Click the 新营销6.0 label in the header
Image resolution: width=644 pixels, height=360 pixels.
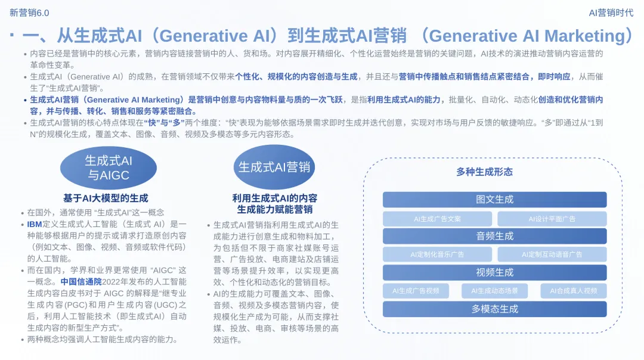pyautogui.click(x=30, y=13)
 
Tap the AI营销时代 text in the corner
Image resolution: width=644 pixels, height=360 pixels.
pyautogui.click(x=611, y=13)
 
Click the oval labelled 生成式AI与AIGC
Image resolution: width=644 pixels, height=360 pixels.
pyautogui.click(x=109, y=167)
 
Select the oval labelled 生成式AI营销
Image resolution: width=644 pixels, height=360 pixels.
pyautogui.click(x=274, y=167)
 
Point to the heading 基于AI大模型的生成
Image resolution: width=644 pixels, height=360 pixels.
pyautogui.click(x=106, y=198)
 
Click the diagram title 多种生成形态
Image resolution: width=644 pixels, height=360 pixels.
pyautogui.click(x=484, y=172)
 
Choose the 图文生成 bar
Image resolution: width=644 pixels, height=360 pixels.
pyautogui.click(x=494, y=200)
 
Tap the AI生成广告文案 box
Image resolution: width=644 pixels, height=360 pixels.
pyautogui.click(x=437, y=219)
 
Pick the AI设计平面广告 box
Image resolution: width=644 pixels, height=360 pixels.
pyautogui.click(x=552, y=219)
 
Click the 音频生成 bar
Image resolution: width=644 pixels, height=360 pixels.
pyautogui.click(x=494, y=236)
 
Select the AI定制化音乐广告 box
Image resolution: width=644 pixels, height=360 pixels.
pyautogui.click(x=437, y=255)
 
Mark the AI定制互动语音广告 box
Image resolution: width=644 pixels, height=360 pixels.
pyautogui.click(x=552, y=255)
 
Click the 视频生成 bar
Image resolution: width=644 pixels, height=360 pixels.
pyautogui.click(x=494, y=272)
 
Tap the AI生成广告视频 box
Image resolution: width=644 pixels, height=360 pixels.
pyautogui.click(x=416, y=291)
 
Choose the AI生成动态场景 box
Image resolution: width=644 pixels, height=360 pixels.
pyautogui.click(x=494, y=291)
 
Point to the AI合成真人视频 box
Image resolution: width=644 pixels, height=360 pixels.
pyautogui.click(x=573, y=291)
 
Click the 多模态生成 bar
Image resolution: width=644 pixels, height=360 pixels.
pyautogui.click(x=494, y=309)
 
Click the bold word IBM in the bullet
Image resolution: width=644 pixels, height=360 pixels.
pyautogui.click(x=35, y=225)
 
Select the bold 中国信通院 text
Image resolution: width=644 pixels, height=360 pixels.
pyautogui.click(x=80, y=281)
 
